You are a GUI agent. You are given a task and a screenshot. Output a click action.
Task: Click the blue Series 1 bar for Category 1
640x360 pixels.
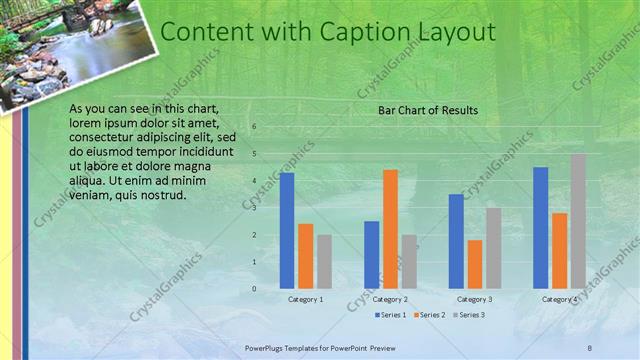287,230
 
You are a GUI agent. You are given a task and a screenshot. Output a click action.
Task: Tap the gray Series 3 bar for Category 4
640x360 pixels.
578,221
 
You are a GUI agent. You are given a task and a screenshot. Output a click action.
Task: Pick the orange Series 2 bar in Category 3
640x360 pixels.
474,264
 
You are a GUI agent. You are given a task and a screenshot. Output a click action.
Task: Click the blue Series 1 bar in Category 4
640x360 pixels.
540,227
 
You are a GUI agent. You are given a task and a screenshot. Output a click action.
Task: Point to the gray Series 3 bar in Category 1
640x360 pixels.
324,261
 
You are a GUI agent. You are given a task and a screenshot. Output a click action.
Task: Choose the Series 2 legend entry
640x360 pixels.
429,315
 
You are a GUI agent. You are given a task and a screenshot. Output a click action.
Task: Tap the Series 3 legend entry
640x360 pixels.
469,315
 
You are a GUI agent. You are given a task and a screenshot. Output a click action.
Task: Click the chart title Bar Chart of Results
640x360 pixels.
427,110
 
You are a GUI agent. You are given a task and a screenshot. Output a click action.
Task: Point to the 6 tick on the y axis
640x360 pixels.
255,127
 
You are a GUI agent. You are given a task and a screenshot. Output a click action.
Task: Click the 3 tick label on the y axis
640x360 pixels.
255,208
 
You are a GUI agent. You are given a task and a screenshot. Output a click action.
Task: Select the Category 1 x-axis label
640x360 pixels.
306,299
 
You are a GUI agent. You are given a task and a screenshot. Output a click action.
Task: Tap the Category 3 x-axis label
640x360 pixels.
475,299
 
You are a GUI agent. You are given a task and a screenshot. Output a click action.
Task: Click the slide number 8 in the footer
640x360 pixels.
590,346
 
